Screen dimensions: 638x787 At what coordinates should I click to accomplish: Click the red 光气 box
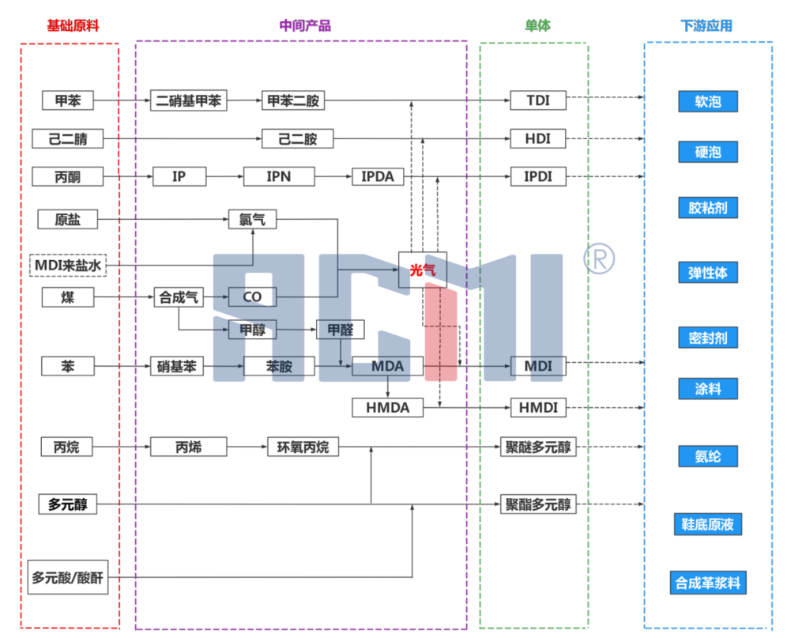point(422,270)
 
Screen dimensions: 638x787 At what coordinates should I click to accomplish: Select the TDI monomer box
point(538,100)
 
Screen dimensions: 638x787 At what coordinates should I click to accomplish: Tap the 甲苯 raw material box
point(67,100)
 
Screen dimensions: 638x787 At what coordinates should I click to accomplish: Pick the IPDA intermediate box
point(378,176)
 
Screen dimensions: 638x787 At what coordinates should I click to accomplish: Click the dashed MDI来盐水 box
point(68,266)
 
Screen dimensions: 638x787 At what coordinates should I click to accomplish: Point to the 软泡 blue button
point(707,101)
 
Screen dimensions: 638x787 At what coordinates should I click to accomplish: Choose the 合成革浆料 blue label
point(707,583)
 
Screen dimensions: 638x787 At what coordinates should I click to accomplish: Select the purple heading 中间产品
point(305,25)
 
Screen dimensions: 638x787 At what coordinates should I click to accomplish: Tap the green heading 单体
point(537,25)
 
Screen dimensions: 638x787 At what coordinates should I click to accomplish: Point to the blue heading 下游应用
point(706,25)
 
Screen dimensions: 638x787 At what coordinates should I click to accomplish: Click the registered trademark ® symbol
point(599,256)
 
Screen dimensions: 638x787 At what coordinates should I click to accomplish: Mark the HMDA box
point(388,408)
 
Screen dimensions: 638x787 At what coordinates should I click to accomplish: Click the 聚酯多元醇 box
point(538,504)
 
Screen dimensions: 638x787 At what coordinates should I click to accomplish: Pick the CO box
point(252,297)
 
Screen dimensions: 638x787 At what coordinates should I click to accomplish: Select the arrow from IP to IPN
point(224,176)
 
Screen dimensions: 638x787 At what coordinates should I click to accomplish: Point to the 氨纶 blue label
point(707,456)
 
